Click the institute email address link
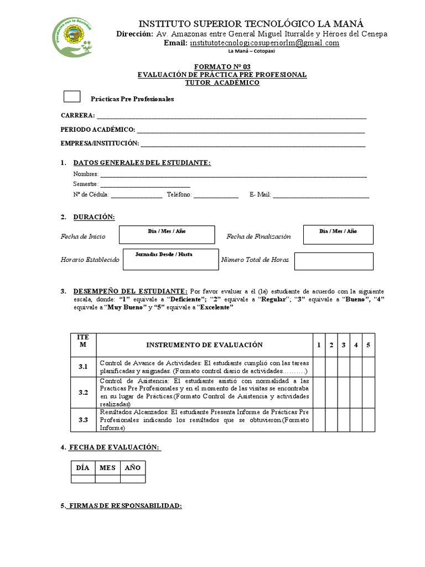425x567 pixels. (264, 43)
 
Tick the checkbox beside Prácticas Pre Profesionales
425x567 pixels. (72, 97)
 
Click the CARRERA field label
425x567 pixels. (77, 116)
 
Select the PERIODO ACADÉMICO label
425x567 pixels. (98, 130)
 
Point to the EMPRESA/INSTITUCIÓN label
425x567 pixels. (100, 143)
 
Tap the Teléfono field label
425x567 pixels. (179, 195)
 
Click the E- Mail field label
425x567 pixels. (260, 195)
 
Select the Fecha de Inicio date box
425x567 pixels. (168, 235)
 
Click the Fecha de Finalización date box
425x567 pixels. (338, 235)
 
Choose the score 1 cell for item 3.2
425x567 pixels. (319, 393)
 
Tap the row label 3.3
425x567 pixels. (83, 420)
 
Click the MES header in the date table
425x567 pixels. (107, 468)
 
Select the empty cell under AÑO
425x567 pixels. (133, 479)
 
